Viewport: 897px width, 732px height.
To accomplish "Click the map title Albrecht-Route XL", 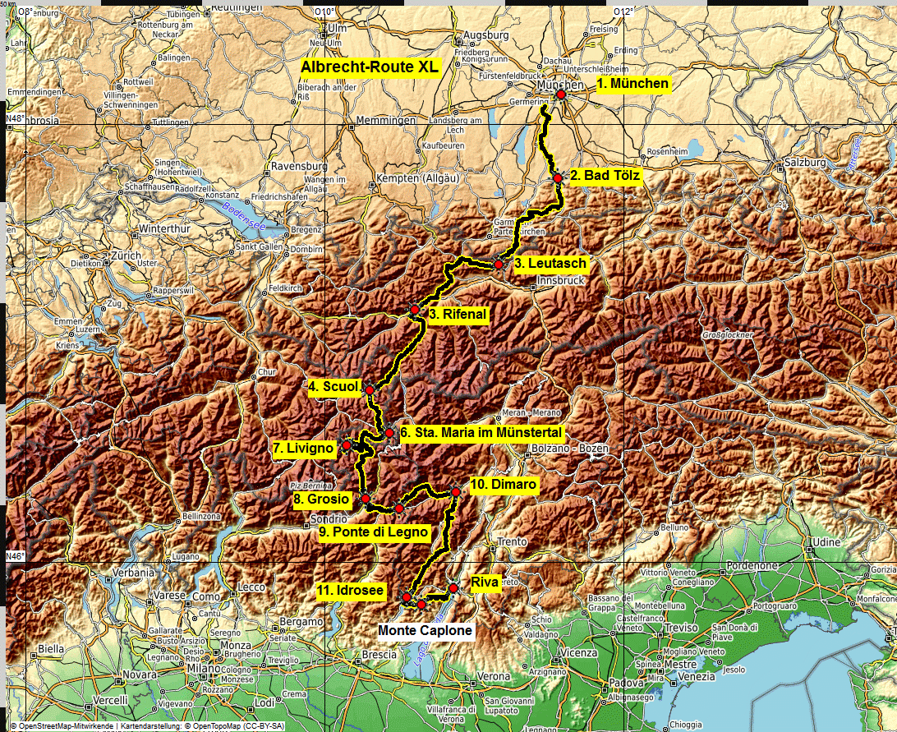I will point(370,67).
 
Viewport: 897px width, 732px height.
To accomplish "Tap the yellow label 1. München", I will point(632,84).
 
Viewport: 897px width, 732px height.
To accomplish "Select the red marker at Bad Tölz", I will point(557,177).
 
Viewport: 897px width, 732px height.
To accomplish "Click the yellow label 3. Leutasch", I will point(550,264).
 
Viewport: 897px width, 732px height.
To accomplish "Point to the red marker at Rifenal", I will point(415,310).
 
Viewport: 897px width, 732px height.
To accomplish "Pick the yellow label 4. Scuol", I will point(333,387).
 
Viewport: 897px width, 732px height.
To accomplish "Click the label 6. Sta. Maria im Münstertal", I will point(481,432).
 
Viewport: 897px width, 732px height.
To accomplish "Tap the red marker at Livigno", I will point(347,445).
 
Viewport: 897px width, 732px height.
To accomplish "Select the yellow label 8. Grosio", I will point(321,499).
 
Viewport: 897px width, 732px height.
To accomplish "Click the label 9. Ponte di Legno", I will point(374,532).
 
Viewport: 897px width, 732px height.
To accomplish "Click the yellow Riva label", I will point(485,582).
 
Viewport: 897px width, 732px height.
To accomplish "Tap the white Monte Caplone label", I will point(425,631).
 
